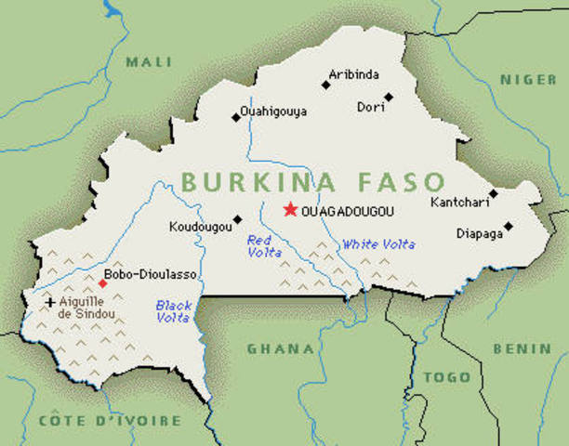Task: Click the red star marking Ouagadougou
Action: (x=290, y=210)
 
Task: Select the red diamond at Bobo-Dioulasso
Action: (x=102, y=282)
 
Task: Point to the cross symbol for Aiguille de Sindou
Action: (x=50, y=302)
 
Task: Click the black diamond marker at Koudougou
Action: (x=238, y=219)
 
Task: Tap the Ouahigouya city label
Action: (x=273, y=111)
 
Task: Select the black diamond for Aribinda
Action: (x=326, y=85)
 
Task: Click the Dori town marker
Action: (x=389, y=96)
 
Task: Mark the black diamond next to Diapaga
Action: (x=509, y=226)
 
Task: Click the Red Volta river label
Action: (x=258, y=245)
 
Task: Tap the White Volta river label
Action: (x=379, y=244)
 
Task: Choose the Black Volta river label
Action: (x=172, y=310)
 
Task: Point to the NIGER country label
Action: (x=528, y=80)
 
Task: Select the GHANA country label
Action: (x=280, y=349)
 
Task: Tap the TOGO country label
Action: (x=447, y=377)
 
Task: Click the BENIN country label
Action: (x=522, y=348)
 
